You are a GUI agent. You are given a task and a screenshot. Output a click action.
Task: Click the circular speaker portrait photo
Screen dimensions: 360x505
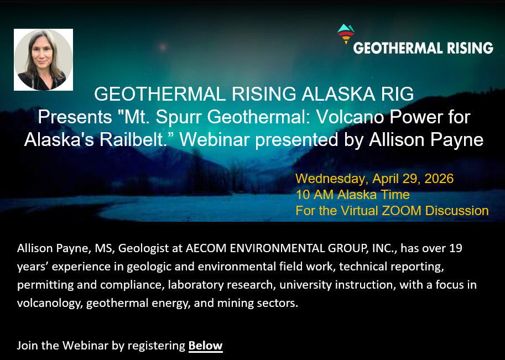click(43, 60)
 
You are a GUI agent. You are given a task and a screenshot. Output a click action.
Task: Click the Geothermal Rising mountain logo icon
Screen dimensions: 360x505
click(346, 34)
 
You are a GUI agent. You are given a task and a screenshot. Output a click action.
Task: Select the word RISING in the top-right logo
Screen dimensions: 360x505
click(471, 48)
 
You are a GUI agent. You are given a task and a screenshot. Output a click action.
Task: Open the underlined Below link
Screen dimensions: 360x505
click(205, 346)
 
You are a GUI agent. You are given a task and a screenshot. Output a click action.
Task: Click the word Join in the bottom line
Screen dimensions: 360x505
click(27, 346)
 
